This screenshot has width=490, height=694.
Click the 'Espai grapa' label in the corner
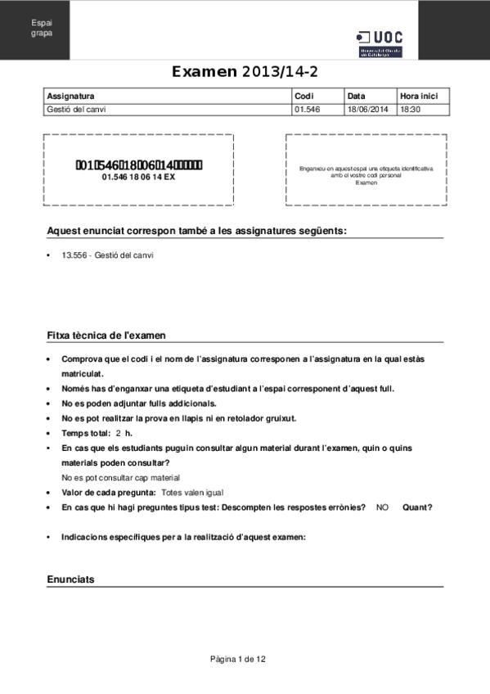pyautogui.click(x=42, y=28)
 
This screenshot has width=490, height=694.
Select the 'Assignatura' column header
pyautogui.click(x=71, y=96)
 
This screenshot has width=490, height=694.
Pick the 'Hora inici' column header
pyautogui.click(x=419, y=96)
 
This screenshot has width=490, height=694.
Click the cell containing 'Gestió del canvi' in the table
pyautogui.click(x=77, y=109)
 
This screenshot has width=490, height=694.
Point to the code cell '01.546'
pyautogui.click(x=306, y=109)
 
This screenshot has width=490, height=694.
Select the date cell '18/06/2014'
pyautogui.click(x=367, y=109)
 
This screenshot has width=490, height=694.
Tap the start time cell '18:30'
pyautogui.click(x=410, y=109)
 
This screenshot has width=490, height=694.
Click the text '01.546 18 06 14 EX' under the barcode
pyautogui.click(x=138, y=177)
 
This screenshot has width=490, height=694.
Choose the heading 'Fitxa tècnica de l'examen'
pyautogui.click(x=106, y=336)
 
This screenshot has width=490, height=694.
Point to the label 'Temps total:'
pyautogui.click(x=86, y=432)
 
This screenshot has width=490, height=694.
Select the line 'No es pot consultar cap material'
pyautogui.click(x=121, y=477)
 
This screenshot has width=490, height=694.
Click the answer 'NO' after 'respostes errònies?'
pyautogui.click(x=382, y=507)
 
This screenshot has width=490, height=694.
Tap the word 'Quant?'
pyautogui.click(x=417, y=507)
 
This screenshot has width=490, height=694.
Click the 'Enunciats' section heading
pyautogui.click(x=70, y=579)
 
